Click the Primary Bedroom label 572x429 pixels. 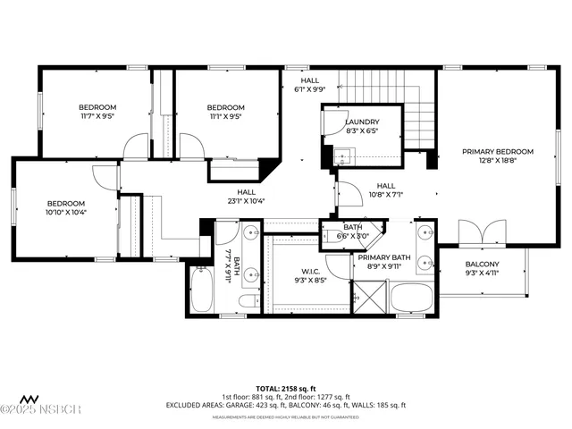pos(497,152)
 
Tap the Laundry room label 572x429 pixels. pos(362,122)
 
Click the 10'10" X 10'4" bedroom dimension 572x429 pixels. pos(65,212)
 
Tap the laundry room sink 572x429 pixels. pos(344,158)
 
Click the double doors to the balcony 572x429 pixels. pos(481,234)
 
